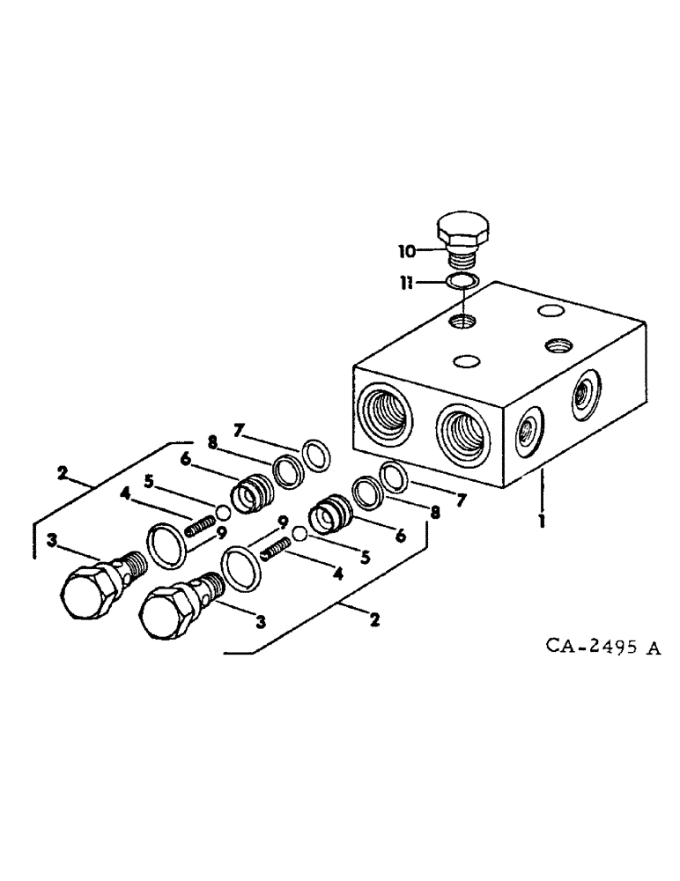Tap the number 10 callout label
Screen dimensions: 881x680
coord(407,252)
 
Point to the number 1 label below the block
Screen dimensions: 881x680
coord(543,521)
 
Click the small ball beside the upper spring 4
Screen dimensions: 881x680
coord(222,513)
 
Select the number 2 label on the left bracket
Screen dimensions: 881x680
coord(63,473)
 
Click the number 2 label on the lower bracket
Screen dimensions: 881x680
coord(374,620)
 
